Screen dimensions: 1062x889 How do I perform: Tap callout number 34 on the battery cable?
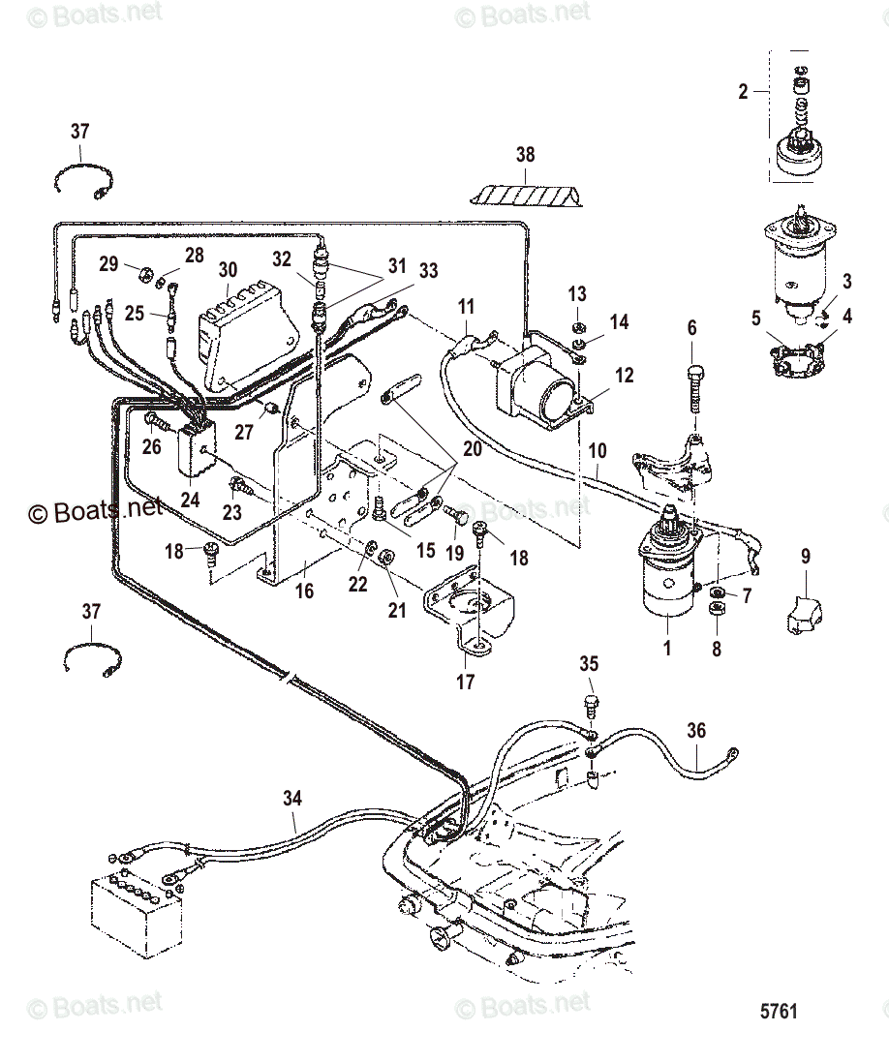coord(292,798)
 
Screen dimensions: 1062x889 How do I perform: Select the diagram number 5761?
coord(778,1011)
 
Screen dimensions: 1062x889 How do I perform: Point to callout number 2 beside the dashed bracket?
coord(743,92)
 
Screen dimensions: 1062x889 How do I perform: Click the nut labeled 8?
coord(717,611)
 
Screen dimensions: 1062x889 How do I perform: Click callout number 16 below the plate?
coord(305,591)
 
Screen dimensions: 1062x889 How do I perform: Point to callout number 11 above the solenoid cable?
coord(466,309)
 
